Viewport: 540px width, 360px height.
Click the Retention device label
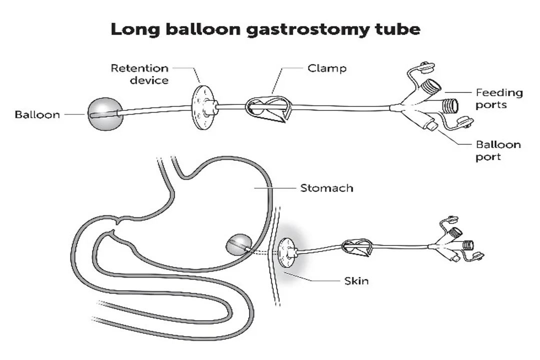coord(139,73)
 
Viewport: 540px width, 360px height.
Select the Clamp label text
coord(327,67)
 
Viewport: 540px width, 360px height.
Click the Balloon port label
coord(498,150)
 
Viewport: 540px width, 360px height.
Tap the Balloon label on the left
coord(37,114)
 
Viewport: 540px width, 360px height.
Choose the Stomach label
coord(326,188)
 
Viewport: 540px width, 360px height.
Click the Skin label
coord(356,280)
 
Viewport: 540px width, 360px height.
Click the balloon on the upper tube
coord(104,114)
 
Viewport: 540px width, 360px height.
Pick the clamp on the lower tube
coord(357,247)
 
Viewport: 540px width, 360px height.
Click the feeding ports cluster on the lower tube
coord(457,243)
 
